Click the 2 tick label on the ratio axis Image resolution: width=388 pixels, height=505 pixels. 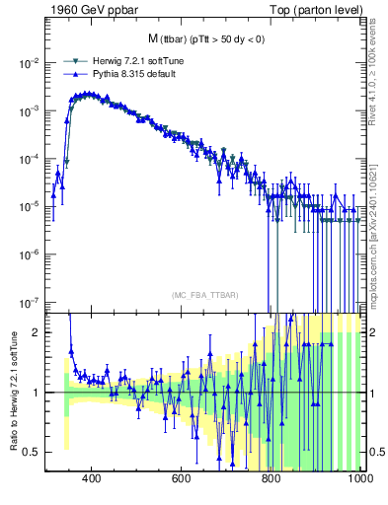pos(37,332)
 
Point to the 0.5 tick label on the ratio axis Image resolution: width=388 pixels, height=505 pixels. pos(33,452)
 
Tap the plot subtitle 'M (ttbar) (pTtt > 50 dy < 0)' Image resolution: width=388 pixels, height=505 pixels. pos(205,39)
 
